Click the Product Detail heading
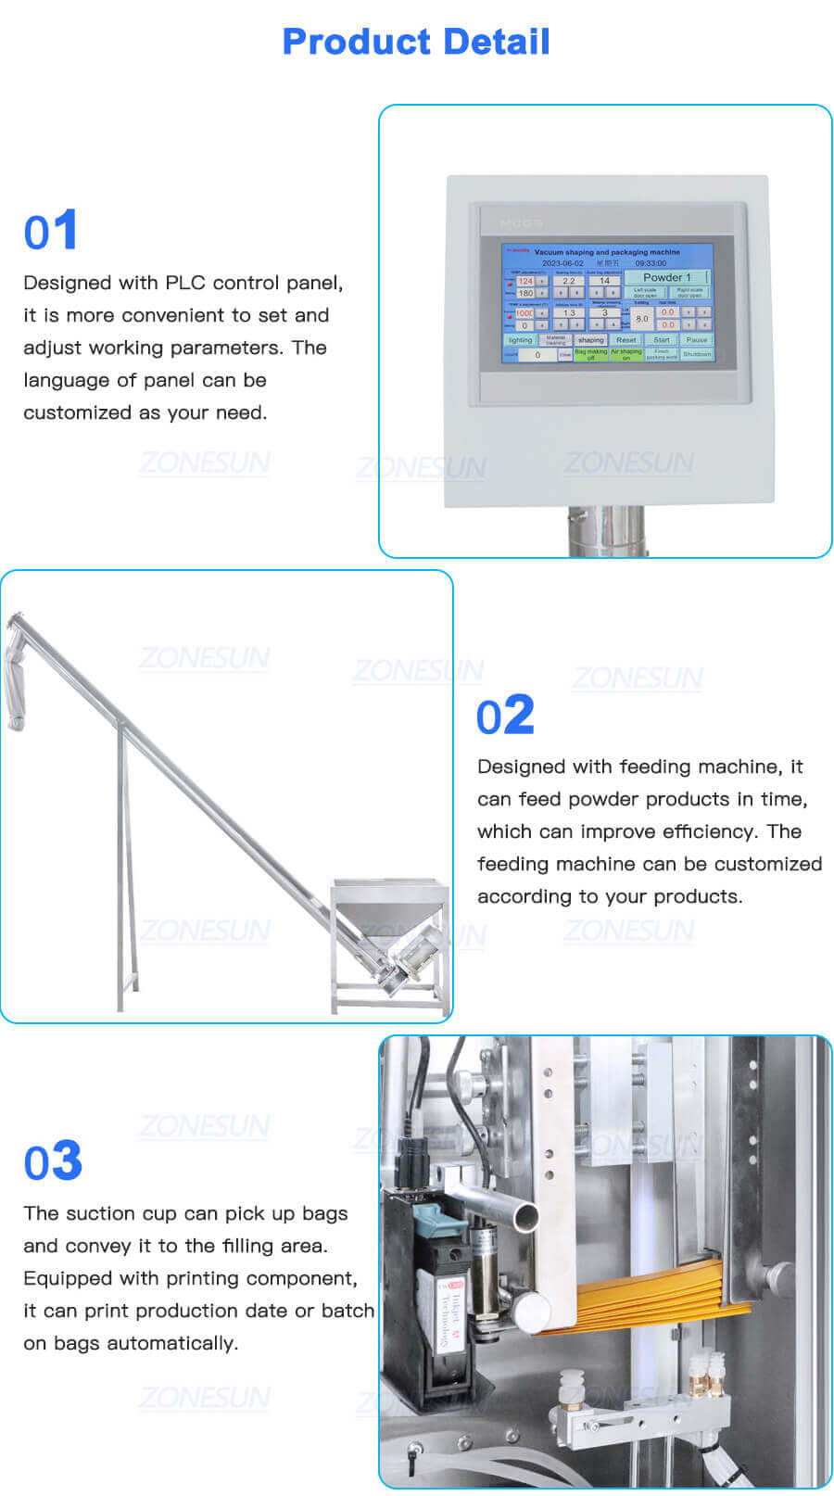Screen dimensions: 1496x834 pyautogui.click(x=416, y=42)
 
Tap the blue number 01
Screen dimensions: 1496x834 pyautogui.click(x=51, y=231)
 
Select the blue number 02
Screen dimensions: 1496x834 pyautogui.click(x=505, y=716)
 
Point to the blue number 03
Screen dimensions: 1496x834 pyautogui.click(x=53, y=1162)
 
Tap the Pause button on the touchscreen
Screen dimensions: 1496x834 pyautogui.click(x=696, y=340)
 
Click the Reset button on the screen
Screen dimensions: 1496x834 pyautogui.click(x=626, y=340)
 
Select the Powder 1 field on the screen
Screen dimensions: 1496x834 pyautogui.click(x=667, y=277)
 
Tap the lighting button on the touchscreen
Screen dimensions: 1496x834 pyautogui.click(x=520, y=340)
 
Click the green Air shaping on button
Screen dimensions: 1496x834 pyautogui.click(x=626, y=354)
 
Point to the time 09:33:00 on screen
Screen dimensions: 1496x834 pyautogui.click(x=651, y=263)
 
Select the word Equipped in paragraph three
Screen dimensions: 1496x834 pyautogui.click(x=63, y=1278)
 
